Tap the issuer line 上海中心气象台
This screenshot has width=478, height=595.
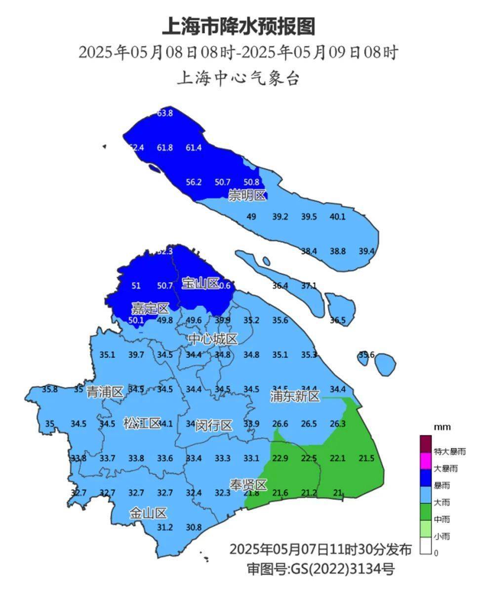coord(239,78)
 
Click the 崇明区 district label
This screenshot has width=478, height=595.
coord(247,196)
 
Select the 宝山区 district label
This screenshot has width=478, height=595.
coord(200,283)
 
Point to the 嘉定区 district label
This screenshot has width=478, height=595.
coord(150,309)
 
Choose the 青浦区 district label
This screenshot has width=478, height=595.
coord(105,392)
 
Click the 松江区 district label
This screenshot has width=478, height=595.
coord(142,423)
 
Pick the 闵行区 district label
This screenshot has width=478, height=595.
coord(213,425)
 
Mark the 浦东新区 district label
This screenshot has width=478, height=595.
coord(295,396)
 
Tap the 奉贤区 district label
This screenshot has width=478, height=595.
coord(248,485)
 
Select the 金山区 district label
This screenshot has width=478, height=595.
coord(148,513)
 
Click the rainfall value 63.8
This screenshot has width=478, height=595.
coord(165,113)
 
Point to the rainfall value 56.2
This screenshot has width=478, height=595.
coord(194,182)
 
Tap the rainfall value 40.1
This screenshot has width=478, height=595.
coord(338,217)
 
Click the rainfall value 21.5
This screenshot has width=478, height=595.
coord(366,458)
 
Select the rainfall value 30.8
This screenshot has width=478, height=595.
coord(194,527)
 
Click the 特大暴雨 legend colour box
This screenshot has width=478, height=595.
coord(425,443)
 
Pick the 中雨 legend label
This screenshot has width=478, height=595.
coord(442,520)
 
